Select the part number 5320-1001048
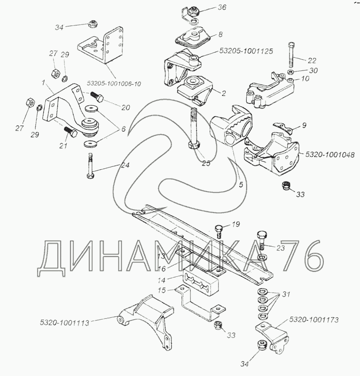tap(329, 154)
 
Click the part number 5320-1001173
tap(313, 320)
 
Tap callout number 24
tap(125, 165)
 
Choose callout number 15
tap(161, 290)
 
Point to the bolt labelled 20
tap(99, 97)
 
